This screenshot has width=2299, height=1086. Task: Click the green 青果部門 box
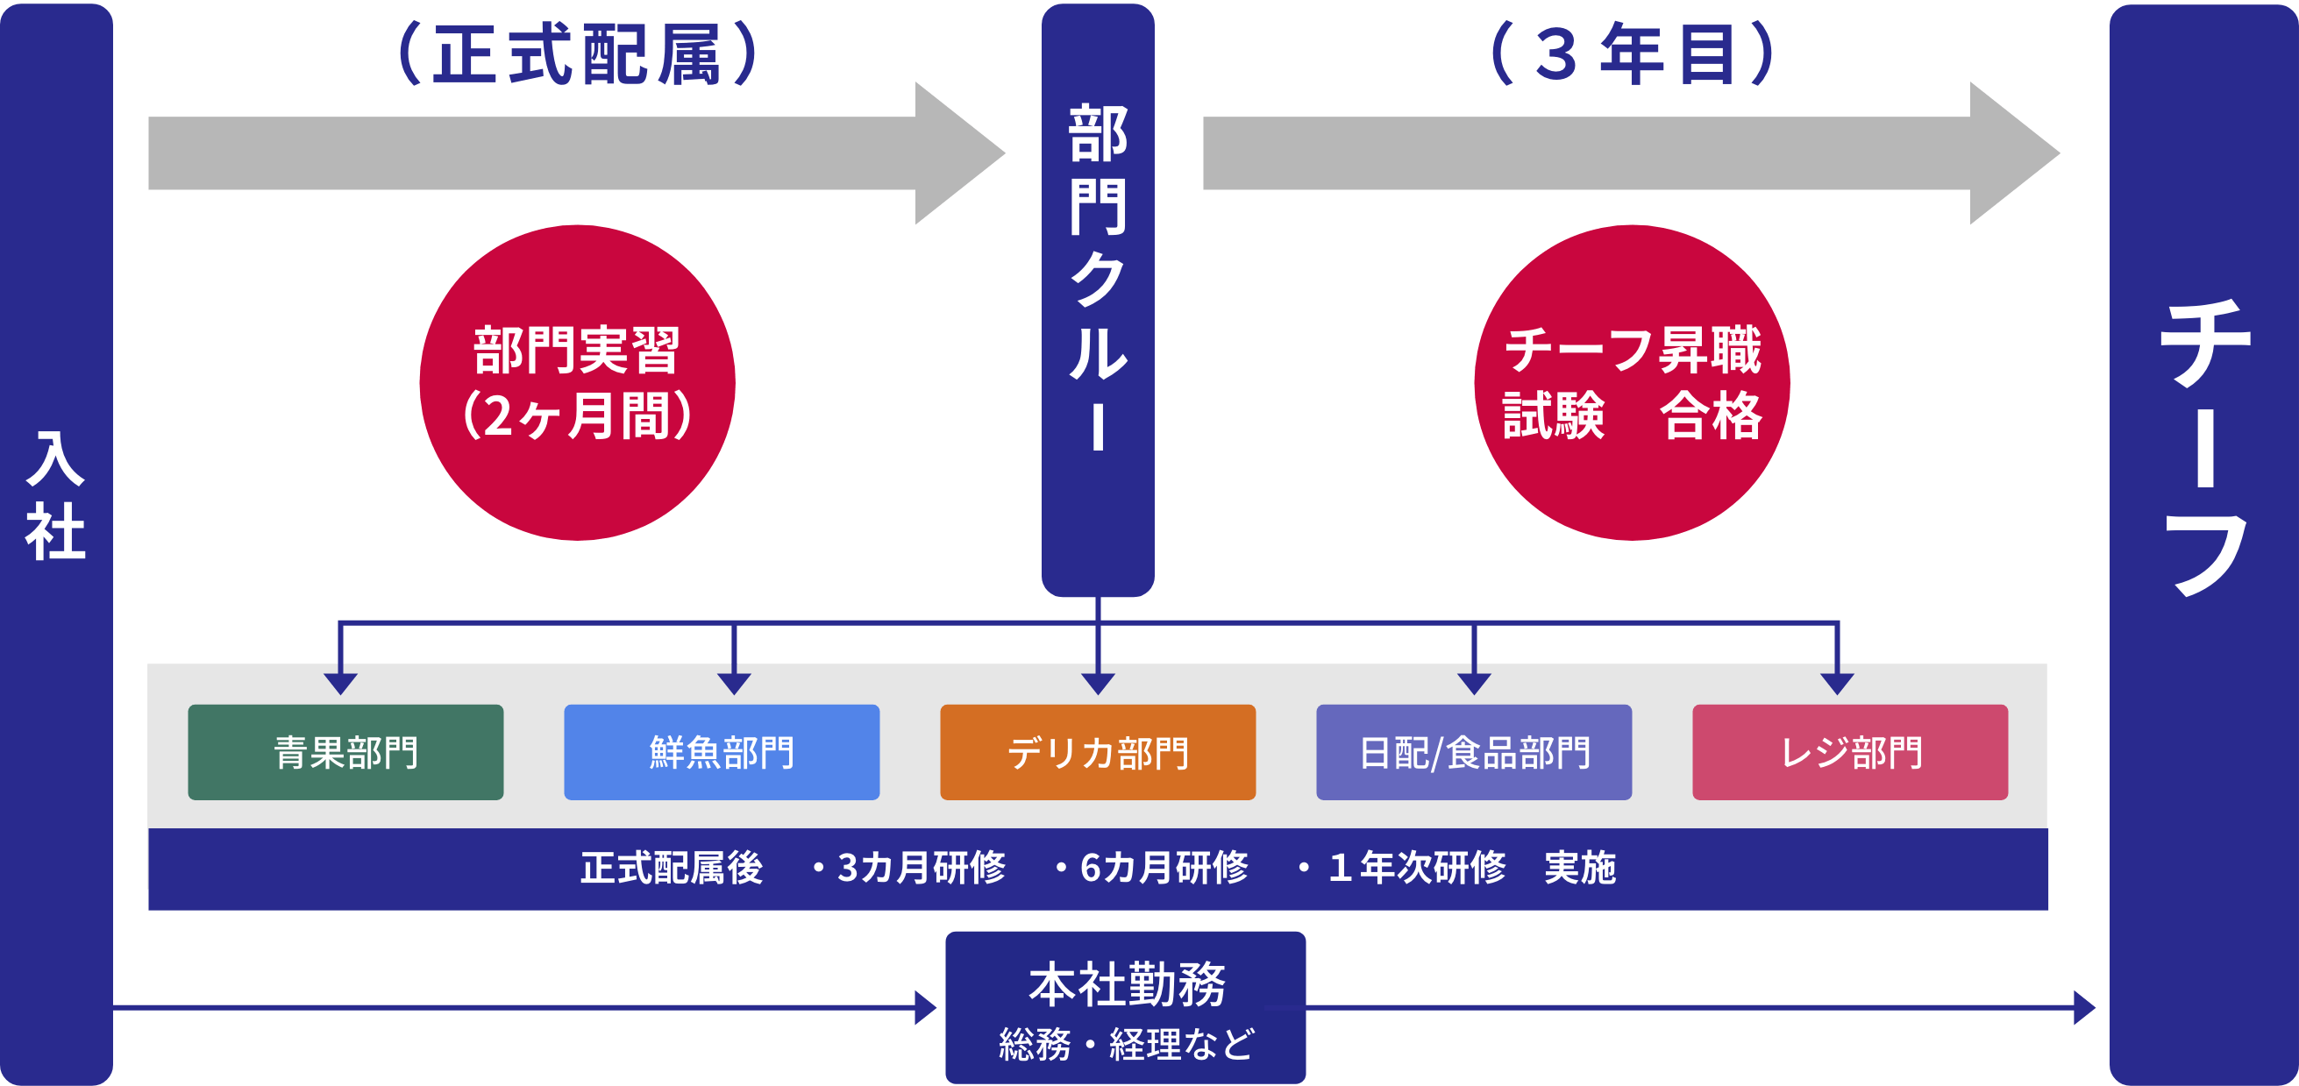tap(345, 751)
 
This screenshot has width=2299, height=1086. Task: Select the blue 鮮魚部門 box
tap(721, 751)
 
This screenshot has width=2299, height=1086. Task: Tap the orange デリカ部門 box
tap(1098, 751)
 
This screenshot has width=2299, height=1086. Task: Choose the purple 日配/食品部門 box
tap(1473, 751)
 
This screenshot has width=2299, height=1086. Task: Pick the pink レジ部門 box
tap(1850, 751)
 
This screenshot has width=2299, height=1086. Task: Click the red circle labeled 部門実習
tap(578, 382)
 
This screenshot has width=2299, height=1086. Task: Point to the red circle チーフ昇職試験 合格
tap(1633, 382)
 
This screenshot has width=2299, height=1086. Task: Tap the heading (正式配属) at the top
tap(578, 55)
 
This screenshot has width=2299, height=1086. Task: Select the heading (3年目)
tap(1633, 55)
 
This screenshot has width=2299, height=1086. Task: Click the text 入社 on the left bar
tap(55, 496)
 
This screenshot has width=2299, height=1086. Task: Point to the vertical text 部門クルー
tap(1098, 277)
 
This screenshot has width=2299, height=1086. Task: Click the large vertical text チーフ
tap(2204, 446)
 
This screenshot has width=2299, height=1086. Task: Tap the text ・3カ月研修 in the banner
tap(909, 868)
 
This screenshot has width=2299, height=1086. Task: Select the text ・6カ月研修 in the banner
tap(1152, 868)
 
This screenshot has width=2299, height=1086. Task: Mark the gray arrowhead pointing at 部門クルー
tap(958, 153)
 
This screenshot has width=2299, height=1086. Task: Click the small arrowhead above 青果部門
tap(341, 683)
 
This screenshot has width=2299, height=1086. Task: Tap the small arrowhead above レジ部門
tap(1837, 683)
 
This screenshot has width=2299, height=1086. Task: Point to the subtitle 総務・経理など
tap(1127, 1044)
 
